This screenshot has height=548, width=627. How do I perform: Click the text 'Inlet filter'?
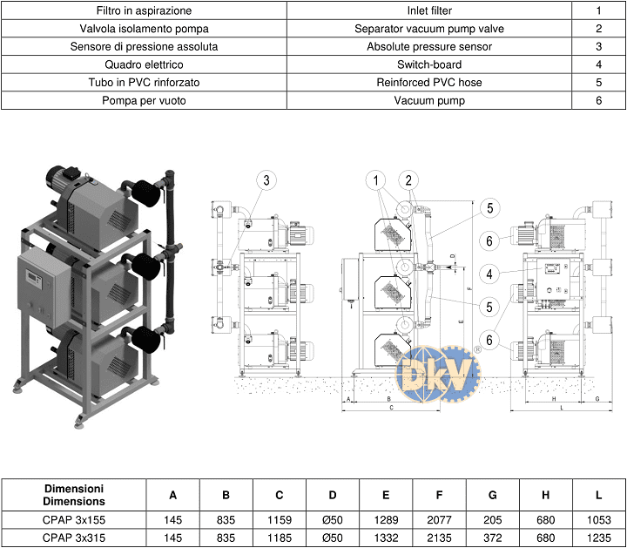pyautogui.click(x=429, y=11)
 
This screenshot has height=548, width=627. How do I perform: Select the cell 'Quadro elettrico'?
pyautogui.click(x=144, y=64)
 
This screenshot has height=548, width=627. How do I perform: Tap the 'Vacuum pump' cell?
pyautogui.click(x=429, y=100)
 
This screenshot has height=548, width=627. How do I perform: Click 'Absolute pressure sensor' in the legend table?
pyautogui.click(x=429, y=46)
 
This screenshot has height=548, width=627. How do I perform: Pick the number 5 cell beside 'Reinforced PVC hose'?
pyautogui.click(x=599, y=82)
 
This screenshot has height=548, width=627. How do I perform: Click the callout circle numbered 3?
pyautogui.click(x=268, y=180)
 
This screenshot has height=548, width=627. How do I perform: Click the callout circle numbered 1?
pyautogui.click(x=376, y=180)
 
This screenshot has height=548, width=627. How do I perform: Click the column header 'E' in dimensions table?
pyautogui.click(x=386, y=495)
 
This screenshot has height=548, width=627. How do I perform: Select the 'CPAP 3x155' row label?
pyautogui.click(x=73, y=520)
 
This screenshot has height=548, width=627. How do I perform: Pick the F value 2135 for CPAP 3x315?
pyautogui.click(x=439, y=538)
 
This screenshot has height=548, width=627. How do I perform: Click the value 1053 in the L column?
pyautogui.click(x=599, y=520)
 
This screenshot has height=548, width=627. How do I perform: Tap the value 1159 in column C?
pyautogui.click(x=279, y=520)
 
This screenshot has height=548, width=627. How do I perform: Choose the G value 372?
pyautogui.click(x=493, y=538)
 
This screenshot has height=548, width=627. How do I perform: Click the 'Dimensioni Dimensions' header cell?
pyautogui.click(x=73, y=495)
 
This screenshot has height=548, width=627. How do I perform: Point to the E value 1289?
pyautogui.click(x=386, y=520)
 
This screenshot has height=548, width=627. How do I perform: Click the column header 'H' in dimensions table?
pyautogui.click(x=546, y=495)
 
